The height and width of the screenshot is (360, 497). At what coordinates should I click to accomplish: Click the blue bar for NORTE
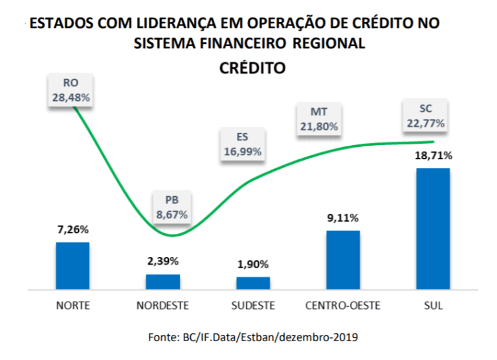[x=72, y=265]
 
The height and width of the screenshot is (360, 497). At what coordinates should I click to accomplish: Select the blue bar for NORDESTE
[x=162, y=282]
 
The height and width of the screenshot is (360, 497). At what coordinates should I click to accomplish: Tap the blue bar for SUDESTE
[x=253, y=283]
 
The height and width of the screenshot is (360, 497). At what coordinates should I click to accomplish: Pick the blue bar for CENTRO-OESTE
[x=343, y=260]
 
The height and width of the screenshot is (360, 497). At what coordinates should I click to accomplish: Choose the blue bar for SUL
[x=433, y=229]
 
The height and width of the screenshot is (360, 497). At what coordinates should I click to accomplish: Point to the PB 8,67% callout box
[x=171, y=205]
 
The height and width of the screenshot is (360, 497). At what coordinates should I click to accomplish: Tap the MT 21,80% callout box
[x=318, y=119]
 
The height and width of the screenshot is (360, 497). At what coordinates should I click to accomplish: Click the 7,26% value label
[x=72, y=229]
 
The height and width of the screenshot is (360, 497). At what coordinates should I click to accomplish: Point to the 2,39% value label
[x=162, y=261]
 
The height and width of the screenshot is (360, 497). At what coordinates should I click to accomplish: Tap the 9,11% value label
[x=343, y=218]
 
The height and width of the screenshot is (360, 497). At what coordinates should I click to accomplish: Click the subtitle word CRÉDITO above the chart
[x=253, y=67]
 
